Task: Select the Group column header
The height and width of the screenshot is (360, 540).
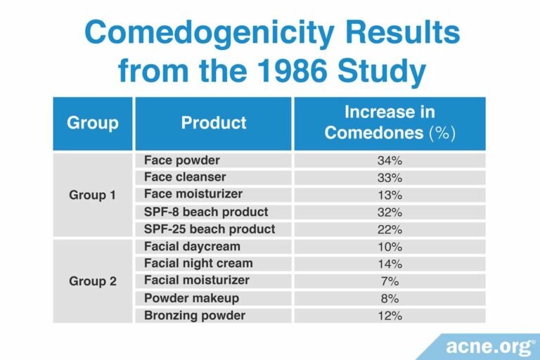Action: pyautogui.click(x=93, y=123)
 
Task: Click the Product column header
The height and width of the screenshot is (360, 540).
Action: pyautogui.click(x=214, y=123)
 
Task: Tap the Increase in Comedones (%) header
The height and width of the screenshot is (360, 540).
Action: pyautogui.click(x=390, y=123)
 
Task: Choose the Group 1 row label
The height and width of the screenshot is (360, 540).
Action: pyautogui.click(x=93, y=195)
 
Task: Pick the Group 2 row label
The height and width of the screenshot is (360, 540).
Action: pyautogui.click(x=93, y=281)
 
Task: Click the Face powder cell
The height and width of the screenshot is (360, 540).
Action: pyautogui.click(x=182, y=160)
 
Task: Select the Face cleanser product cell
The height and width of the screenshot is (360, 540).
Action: pyautogui.click(x=185, y=177)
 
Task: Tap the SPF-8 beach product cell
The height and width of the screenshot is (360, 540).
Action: pyautogui.click(x=206, y=212)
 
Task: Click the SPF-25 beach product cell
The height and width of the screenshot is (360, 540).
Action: pyautogui.click(x=210, y=229)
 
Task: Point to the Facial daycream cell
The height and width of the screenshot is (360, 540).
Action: pyautogui.click(x=192, y=246)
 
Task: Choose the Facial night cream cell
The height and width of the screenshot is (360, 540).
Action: pyautogui.click(x=198, y=264)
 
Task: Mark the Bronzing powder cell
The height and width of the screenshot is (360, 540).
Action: pyautogui.click(x=195, y=316)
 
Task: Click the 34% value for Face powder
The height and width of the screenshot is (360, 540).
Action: pyautogui.click(x=390, y=160)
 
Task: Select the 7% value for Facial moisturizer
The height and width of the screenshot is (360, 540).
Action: pyautogui.click(x=390, y=281)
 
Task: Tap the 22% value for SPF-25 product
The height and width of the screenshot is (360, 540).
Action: pyautogui.click(x=390, y=229)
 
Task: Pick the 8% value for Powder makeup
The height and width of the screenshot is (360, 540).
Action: pyautogui.click(x=390, y=298)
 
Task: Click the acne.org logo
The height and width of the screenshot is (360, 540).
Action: pyautogui.click(x=485, y=346)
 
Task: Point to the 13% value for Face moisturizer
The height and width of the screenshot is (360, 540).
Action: pyautogui.click(x=390, y=195)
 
